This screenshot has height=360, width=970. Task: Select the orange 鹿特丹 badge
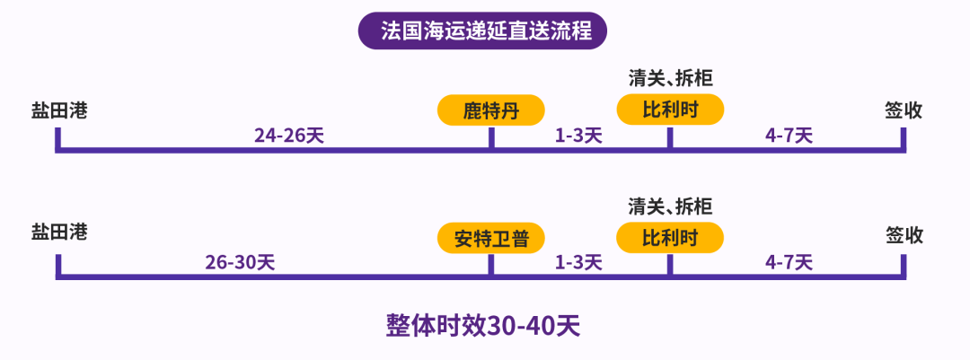click(490, 110)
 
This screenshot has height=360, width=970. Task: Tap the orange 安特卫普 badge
click(490, 238)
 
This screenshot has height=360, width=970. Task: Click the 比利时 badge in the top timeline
click(670, 110)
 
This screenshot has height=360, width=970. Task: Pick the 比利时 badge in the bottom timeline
click(670, 238)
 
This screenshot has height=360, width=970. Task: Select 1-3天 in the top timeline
click(578, 136)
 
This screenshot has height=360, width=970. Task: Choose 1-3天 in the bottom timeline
click(578, 263)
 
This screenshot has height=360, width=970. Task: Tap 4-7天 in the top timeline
click(789, 136)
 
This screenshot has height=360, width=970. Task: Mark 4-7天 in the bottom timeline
click(789, 263)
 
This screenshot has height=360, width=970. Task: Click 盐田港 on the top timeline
click(58, 110)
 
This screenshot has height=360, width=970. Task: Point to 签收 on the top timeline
click(904, 110)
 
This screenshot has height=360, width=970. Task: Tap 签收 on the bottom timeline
click(904, 235)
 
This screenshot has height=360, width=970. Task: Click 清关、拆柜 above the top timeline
click(670, 79)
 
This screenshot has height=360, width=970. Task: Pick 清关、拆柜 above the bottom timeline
click(670, 206)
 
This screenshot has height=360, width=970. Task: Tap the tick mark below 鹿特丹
click(491, 138)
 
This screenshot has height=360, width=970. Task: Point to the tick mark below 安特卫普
click(491, 266)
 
